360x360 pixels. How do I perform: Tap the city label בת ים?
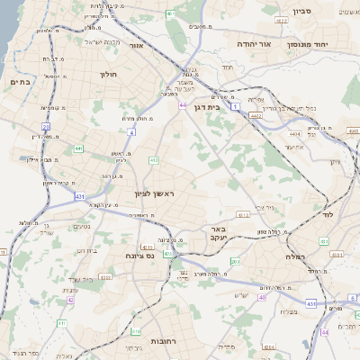click(20, 82)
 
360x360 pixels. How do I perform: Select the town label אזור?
click(137, 45)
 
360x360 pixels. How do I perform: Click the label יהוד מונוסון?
click(310, 43)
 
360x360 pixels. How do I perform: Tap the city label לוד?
click(327, 215)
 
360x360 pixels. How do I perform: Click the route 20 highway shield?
click(45, 128)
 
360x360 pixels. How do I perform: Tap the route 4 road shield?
click(130, 132)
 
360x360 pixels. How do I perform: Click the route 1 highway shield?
click(236, 106)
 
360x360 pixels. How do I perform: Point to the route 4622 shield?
click(256, 115)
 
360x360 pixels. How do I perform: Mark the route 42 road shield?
click(70, 299)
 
